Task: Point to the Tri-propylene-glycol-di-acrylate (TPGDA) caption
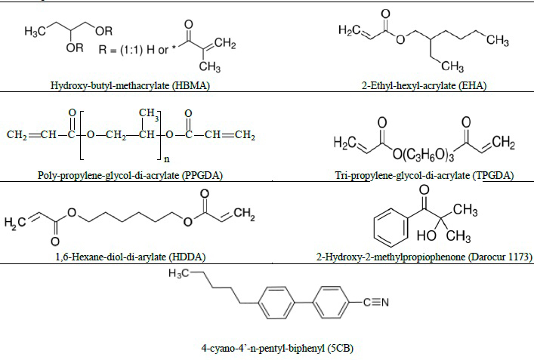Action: tap(424, 175)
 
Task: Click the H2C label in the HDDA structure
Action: tap(16, 223)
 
